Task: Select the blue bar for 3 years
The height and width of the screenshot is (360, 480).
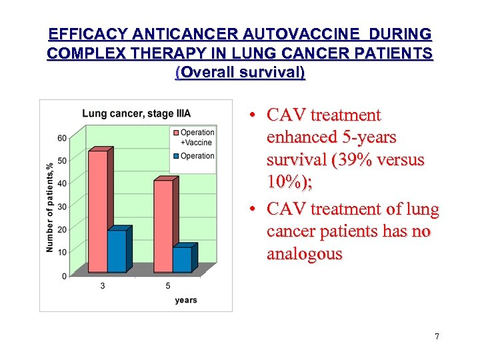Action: point(117,251)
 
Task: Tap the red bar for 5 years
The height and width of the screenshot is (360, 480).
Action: point(163,226)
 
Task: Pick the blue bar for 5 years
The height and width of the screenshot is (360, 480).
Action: point(181,259)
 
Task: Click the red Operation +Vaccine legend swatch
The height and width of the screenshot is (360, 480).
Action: point(175,132)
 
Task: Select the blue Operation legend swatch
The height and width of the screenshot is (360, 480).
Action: point(175,156)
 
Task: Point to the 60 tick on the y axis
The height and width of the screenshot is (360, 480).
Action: point(62,139)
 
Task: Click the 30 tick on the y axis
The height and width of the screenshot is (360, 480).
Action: point(62,207)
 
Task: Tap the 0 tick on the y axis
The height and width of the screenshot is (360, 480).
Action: point(64,275)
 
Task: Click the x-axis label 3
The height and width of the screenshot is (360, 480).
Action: point(103,286)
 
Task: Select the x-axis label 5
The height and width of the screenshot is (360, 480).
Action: point(168,286)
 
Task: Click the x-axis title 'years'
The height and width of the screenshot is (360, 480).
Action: point(186,300)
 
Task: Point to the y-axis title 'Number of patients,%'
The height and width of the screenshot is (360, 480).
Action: point(50,207)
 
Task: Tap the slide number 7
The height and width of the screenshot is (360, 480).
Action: point(437,337)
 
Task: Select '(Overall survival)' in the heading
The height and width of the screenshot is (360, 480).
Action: point(240,72)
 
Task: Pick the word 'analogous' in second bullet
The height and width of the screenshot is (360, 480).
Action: point(304,254)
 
